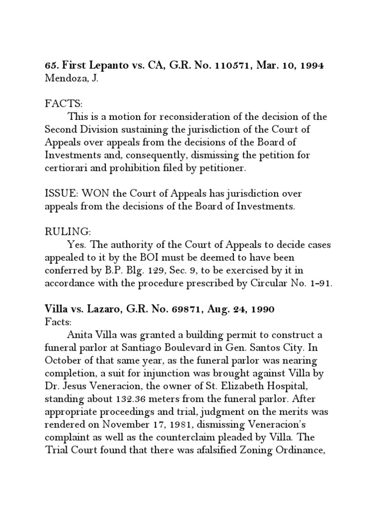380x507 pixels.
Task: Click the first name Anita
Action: [x=81, y=334]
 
